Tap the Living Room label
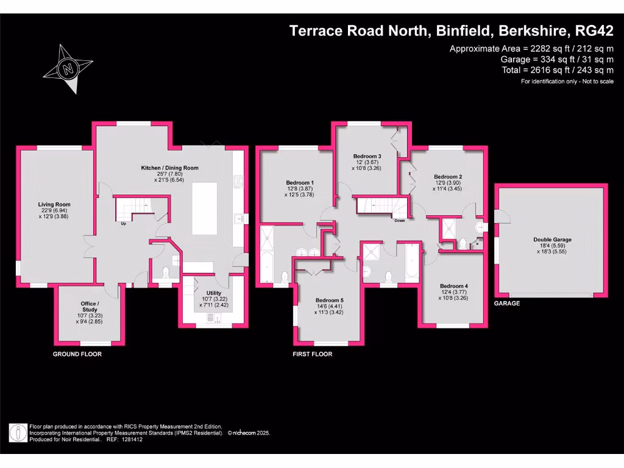55,205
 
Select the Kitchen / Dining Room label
170,168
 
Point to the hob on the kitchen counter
239,182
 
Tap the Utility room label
214,293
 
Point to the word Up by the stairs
124,223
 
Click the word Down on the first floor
400,221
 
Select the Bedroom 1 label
300,183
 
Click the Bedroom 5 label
329,300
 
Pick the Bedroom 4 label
454,286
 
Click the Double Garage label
553,239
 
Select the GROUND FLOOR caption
77,354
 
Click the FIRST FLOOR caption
313,354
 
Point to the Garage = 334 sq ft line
556,59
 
